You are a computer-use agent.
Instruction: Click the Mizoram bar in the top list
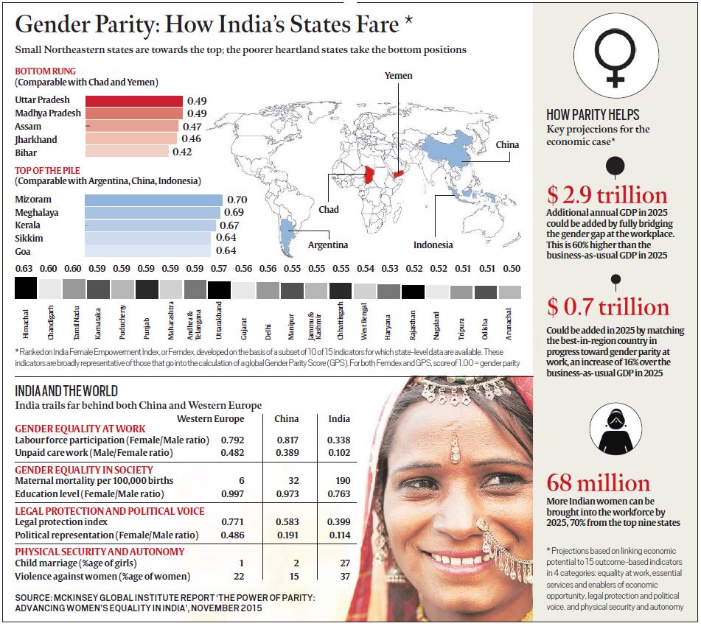(153, 200)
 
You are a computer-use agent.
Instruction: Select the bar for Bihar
(127, 152)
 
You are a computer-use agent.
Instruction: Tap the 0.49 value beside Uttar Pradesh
(197, 101)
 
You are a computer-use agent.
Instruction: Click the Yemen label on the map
(398, 76)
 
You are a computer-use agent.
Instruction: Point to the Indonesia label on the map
(433, 245)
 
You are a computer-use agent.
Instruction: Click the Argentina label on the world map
(328, 245)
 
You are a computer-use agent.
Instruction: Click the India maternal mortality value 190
(339, 480)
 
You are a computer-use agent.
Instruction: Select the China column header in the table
(286, 419)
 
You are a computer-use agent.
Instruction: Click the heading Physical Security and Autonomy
(100, 551)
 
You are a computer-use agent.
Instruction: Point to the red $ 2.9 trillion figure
(607, 196)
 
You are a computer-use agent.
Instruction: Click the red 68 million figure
(598, 483)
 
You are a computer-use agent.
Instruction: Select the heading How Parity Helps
(593, 115)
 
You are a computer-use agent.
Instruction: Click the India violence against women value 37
(339, 577)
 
